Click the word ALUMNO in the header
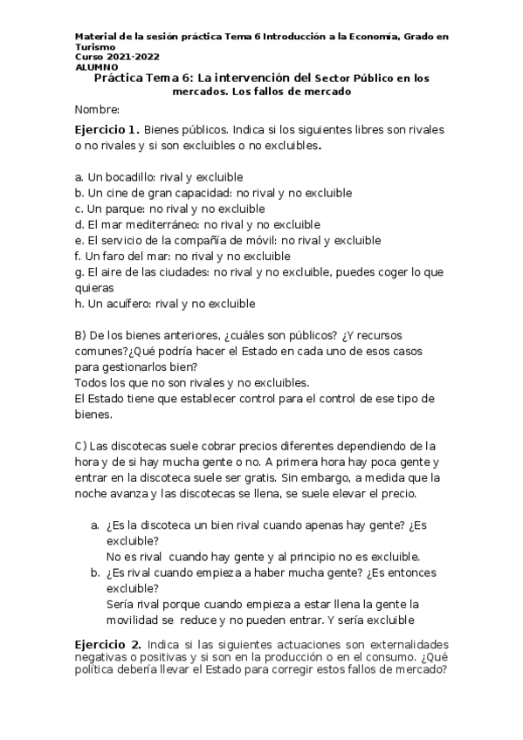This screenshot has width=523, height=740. [x=93, y=67]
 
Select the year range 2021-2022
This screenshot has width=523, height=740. [x=133, y=57]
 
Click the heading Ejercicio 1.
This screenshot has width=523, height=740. [x=107, y=129]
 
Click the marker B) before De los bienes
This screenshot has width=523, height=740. [x=81, y=335]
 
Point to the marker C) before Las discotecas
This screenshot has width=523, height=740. [x=81, y=446]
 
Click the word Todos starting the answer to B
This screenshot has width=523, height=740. [x=91, y=383]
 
